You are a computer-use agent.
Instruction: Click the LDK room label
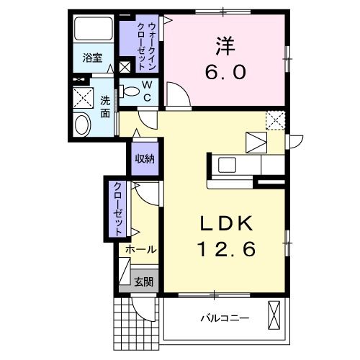(225, 224)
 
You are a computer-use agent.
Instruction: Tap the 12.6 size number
(225, 251)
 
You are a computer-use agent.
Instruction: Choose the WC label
(146, 93)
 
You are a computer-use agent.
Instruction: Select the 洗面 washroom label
(106, 107)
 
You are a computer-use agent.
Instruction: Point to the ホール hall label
(141, 249)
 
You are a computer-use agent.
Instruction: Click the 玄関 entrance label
(143, 282)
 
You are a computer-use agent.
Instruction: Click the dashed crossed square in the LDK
(274, 120)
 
